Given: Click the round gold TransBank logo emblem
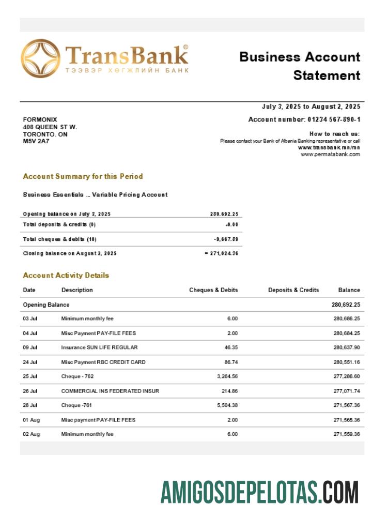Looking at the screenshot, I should tap(40, 58).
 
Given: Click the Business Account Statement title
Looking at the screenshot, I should tap(300, 66).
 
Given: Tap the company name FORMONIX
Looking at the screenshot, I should tap(40, 119).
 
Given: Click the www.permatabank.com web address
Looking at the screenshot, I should tap(330, 154).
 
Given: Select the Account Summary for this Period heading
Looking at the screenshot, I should tap(83, 176).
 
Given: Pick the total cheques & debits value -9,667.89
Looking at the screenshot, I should tap(226, 239).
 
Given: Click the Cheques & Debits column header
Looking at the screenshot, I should tap(213, 290).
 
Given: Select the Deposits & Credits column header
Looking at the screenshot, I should tap(293, 290).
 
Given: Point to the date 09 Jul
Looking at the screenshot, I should tap(30, 347).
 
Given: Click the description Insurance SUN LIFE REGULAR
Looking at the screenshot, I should tap(99, 347).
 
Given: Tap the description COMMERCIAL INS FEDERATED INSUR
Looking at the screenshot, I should tap(110, 391).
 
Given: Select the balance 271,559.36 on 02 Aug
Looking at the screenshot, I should tap(347, 434).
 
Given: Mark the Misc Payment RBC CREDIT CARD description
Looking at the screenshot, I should tap(103, 362).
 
